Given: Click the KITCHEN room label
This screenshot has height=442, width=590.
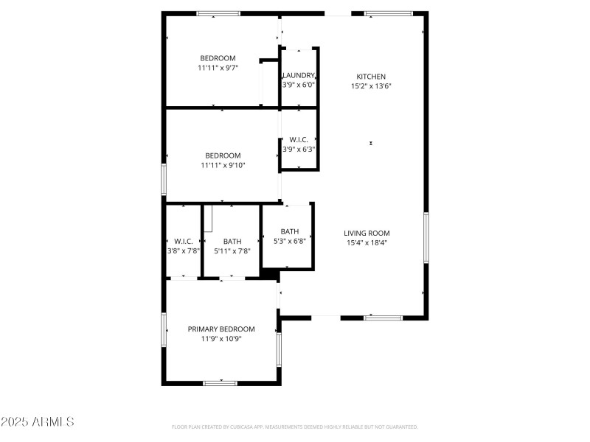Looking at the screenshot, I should pyautogui.click(x=371, y=77).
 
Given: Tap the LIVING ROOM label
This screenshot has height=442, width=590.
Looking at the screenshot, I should pyautogui.click(x=367, y=233).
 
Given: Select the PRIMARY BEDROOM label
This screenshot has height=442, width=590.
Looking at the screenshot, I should pyautogui.click(x=221, y=329).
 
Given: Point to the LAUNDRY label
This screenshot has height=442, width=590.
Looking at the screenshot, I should pyautogui.click(x=299, y=75).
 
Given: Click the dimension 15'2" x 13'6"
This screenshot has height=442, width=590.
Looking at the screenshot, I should pyautogui.click(x=371, y=86).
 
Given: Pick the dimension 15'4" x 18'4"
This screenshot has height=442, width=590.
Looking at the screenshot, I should pyautogui.click(x=367, y=242).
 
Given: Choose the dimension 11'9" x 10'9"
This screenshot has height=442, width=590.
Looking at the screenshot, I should pyautogui.click(x=221, y=339).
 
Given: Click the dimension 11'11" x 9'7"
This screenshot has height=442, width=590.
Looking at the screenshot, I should pyautogui.click(x=218, y=68).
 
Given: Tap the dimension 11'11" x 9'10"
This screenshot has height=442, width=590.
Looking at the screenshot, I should pyautogui.click(x=223, y=165).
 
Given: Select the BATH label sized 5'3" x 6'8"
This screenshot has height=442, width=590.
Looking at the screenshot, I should pyautogui.click(x=289, y=231).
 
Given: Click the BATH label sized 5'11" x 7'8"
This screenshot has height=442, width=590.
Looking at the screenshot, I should pyautogui.click(x=232, y=241).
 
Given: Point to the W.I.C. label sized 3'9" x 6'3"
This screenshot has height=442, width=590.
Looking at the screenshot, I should pyautogui.click(x=299, y=139).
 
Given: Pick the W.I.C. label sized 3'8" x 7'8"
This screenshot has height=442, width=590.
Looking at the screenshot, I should pyautogui.click(x=183, y=241).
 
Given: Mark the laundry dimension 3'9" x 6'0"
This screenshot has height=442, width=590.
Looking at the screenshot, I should pyautogui.click(x=299, y=85).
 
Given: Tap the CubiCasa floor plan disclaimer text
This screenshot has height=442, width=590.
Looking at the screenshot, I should pyautogui.click(x=295, y=427).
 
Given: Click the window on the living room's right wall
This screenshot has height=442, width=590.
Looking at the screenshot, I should pyautogui.click(x=426, y=237).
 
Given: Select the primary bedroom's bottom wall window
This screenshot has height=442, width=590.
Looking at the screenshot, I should pyautogui.click(x=220, y=382).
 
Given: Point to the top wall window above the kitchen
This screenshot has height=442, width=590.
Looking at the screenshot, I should pyautogui.click(x=389, y=13).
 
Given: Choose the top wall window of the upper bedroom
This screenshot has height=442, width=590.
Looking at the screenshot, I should pyautogui.click(x=218, y=13).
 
